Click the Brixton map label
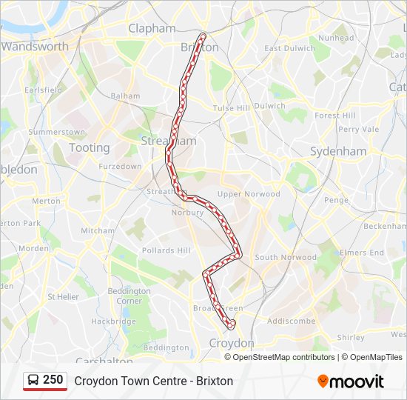point(200,47)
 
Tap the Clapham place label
point(152,29)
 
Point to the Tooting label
point(89,147)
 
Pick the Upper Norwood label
point(249,194)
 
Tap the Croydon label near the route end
point(232,343)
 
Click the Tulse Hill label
point(232,108)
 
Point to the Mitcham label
point(98,230)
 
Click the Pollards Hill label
point(166,250)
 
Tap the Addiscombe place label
point(291,321)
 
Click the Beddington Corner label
point(124,296)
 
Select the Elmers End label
point(362,253)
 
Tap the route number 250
point(53,380)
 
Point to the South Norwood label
point(276,257)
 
